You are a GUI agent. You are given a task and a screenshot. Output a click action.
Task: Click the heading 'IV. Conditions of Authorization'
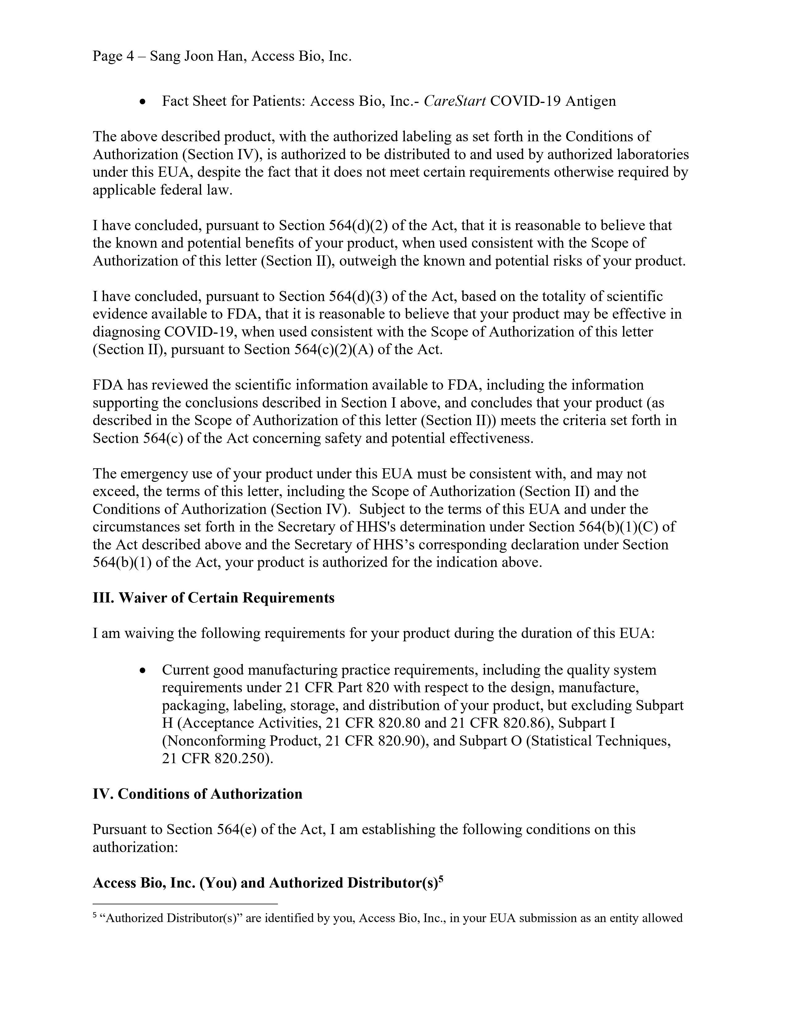(x=197, y=794)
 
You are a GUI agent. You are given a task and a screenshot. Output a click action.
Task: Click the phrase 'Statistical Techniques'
(x=599, y=741)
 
